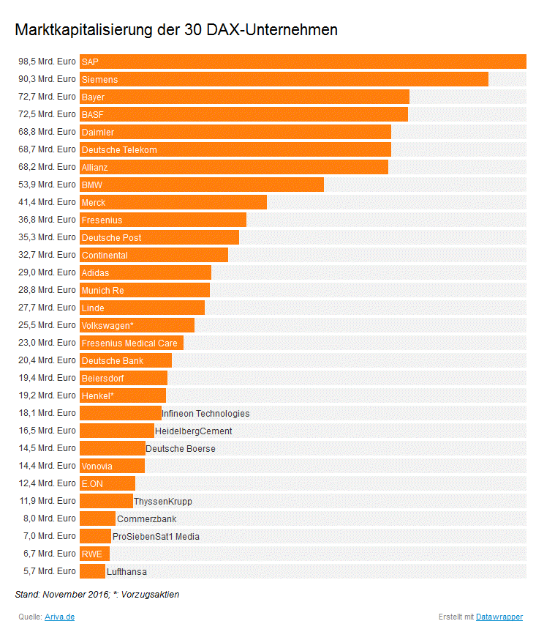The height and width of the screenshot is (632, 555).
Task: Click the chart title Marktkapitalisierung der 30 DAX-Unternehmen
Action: click(176, 30)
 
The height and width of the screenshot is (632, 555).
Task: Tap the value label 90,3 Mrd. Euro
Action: click(47, 79)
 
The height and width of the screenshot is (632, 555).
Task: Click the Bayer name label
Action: click(93, 97)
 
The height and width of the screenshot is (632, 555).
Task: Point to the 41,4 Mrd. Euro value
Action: click(47, 202)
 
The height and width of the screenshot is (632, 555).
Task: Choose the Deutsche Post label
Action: click(111, 237)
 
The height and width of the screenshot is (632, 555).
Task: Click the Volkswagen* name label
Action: click(107, 325)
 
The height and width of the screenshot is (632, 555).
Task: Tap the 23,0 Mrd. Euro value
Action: click(47, 343)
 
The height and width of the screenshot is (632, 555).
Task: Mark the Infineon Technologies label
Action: click(205, 414)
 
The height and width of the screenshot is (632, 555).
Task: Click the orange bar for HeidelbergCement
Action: click(117, 431)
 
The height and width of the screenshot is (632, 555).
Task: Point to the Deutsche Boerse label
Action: click(181, 448)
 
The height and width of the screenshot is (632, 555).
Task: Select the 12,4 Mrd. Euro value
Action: click(47, 483)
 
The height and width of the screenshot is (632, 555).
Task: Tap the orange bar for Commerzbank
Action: click(97, 518)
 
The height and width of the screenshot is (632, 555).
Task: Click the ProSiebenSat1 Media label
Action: click(156, 537)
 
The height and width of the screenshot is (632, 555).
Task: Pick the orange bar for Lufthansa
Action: click(92, 571)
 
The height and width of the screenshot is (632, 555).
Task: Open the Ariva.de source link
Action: click(59, 617)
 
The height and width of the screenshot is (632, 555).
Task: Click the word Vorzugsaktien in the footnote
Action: click(151, 595)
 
